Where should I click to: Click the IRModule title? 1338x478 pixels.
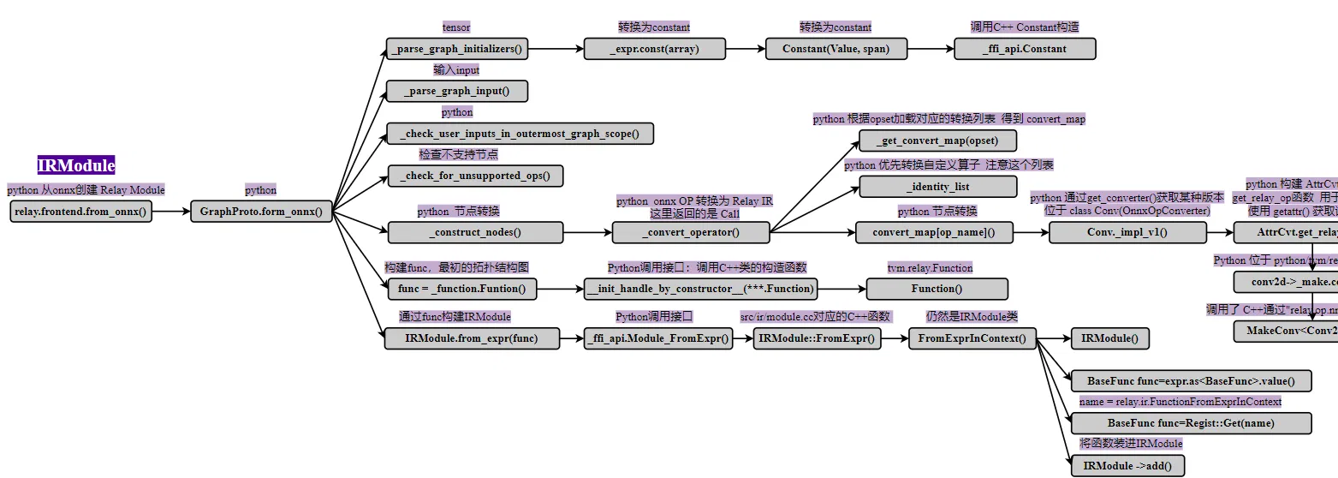coord(76,165)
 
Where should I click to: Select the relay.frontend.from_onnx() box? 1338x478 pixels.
coord(81,212)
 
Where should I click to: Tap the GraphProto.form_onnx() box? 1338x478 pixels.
coord(261,212)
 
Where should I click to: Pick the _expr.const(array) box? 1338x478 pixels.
coord(655,49)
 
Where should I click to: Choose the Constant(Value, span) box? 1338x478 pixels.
coord(836,49)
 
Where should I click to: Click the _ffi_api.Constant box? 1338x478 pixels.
coord(1025,49)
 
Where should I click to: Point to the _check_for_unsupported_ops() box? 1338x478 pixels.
coord(475,176)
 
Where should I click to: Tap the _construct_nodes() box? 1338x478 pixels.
coord(475,232)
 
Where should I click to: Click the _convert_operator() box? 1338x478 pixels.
coord(691,232)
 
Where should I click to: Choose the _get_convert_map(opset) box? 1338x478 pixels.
coord(937,140)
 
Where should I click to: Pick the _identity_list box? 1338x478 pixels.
coord(937,186)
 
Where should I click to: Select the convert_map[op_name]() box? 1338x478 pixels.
coord(934,232)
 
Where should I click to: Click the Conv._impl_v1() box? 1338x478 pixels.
coord(1127,232)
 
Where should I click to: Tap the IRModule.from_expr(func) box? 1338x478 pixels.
coord(472,338)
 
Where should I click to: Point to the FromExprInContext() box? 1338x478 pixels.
coord(972,338)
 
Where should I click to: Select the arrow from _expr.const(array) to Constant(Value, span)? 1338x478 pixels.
coord(746,49)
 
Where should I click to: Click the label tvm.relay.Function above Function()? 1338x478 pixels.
coord(930,268)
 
